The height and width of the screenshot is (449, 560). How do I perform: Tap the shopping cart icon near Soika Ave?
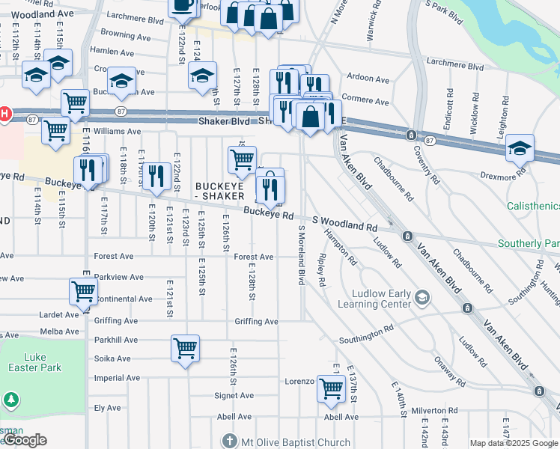click(x=185, y=349)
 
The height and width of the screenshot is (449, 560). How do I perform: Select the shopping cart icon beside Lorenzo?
click(x=330, y=388)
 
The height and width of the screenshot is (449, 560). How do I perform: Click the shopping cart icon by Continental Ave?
click(x=83, y=292)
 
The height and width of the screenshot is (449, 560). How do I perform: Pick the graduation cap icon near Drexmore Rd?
click(x=520, y=148)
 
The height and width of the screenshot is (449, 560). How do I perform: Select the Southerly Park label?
click(x=529, y=243)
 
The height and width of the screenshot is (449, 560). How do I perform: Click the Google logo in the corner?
click(x=25, y=440)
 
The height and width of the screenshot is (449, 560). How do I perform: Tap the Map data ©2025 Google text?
click(x=514, y=443)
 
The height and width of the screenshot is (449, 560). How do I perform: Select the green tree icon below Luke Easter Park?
click(x=10, y=400)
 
